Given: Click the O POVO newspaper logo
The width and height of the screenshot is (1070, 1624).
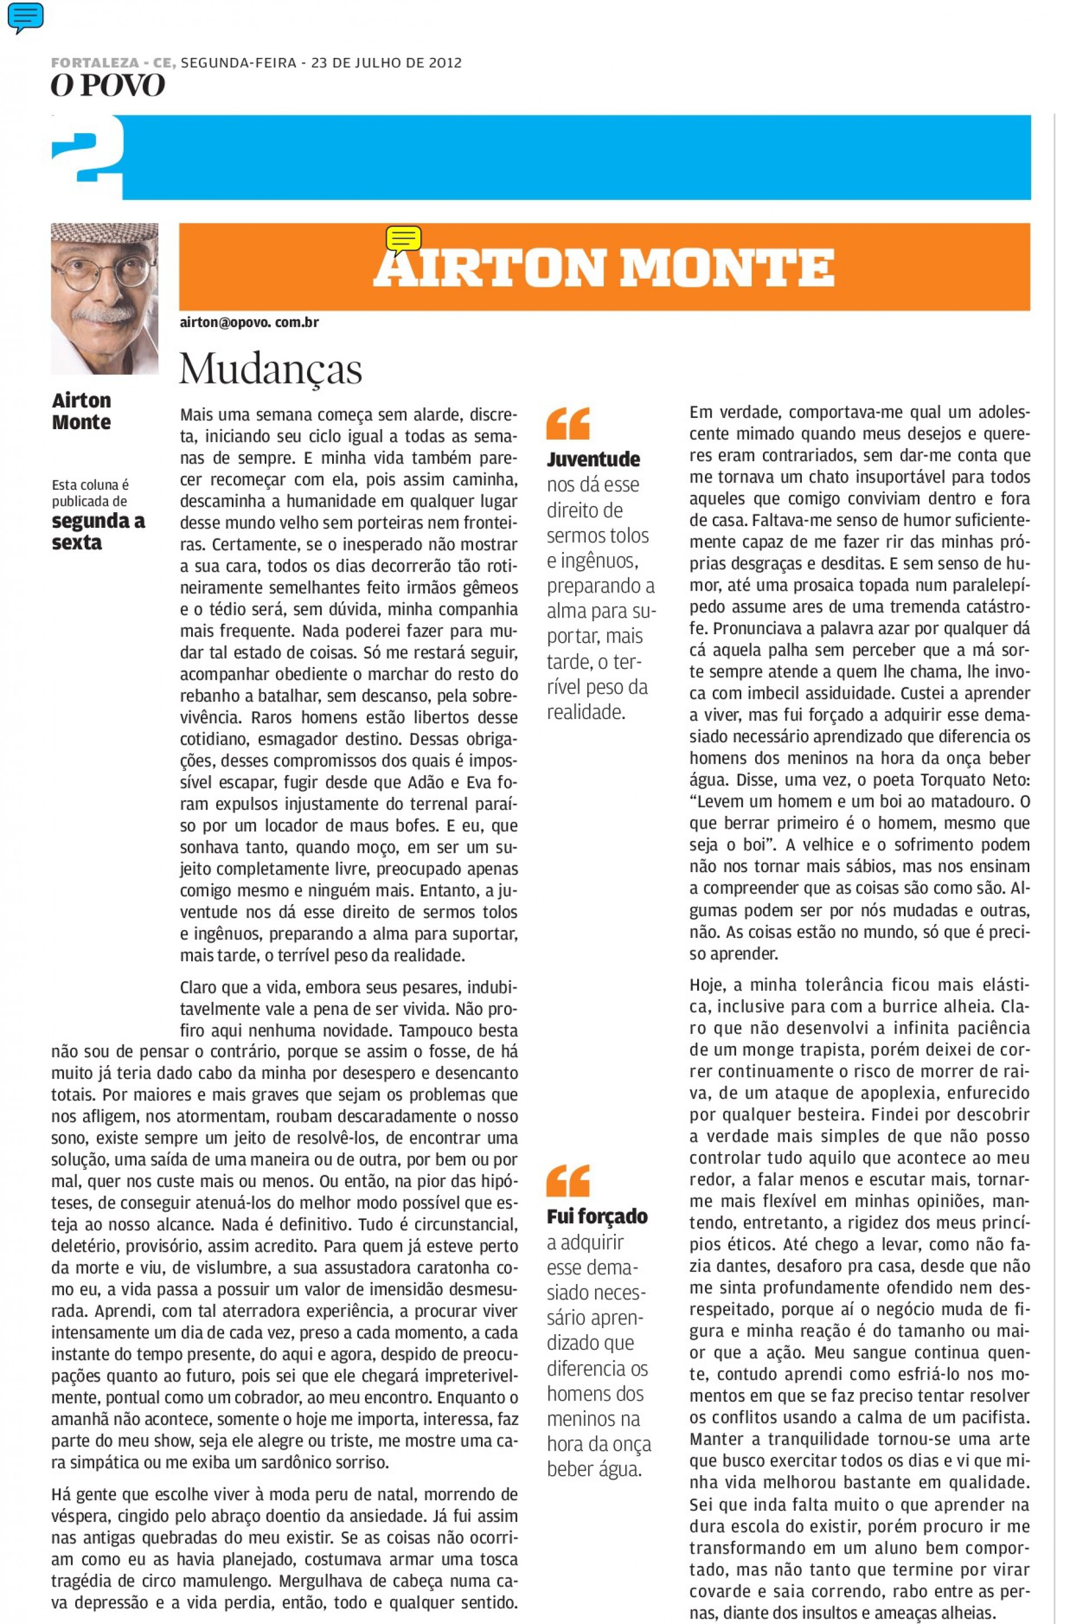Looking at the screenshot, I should (x=108, y=85).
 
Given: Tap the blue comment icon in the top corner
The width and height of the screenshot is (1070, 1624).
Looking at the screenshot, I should (x=25, y=17).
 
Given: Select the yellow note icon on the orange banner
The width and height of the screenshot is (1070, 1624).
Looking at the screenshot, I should (x=403, y=240).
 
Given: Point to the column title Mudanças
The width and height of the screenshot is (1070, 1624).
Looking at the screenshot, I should (x=270, y=369).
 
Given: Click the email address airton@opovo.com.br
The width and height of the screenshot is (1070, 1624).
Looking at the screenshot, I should (x=249, y=322).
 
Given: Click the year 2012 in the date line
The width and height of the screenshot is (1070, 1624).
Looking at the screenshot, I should (x=445, y=64).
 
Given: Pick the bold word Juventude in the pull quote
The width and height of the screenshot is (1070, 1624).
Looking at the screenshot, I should (x=593, y=459).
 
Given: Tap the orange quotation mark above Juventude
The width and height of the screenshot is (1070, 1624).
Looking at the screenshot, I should (x=568, y=423).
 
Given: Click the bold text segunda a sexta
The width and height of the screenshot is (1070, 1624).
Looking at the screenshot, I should (x=98, y=532).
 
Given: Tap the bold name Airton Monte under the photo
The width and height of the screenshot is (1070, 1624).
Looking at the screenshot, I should (x=81, y=411).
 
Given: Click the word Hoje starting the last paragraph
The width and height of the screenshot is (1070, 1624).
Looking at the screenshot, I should (x=707, y=985).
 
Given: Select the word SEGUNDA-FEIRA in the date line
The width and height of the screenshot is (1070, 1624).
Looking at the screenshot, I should (x=238, y=64).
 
